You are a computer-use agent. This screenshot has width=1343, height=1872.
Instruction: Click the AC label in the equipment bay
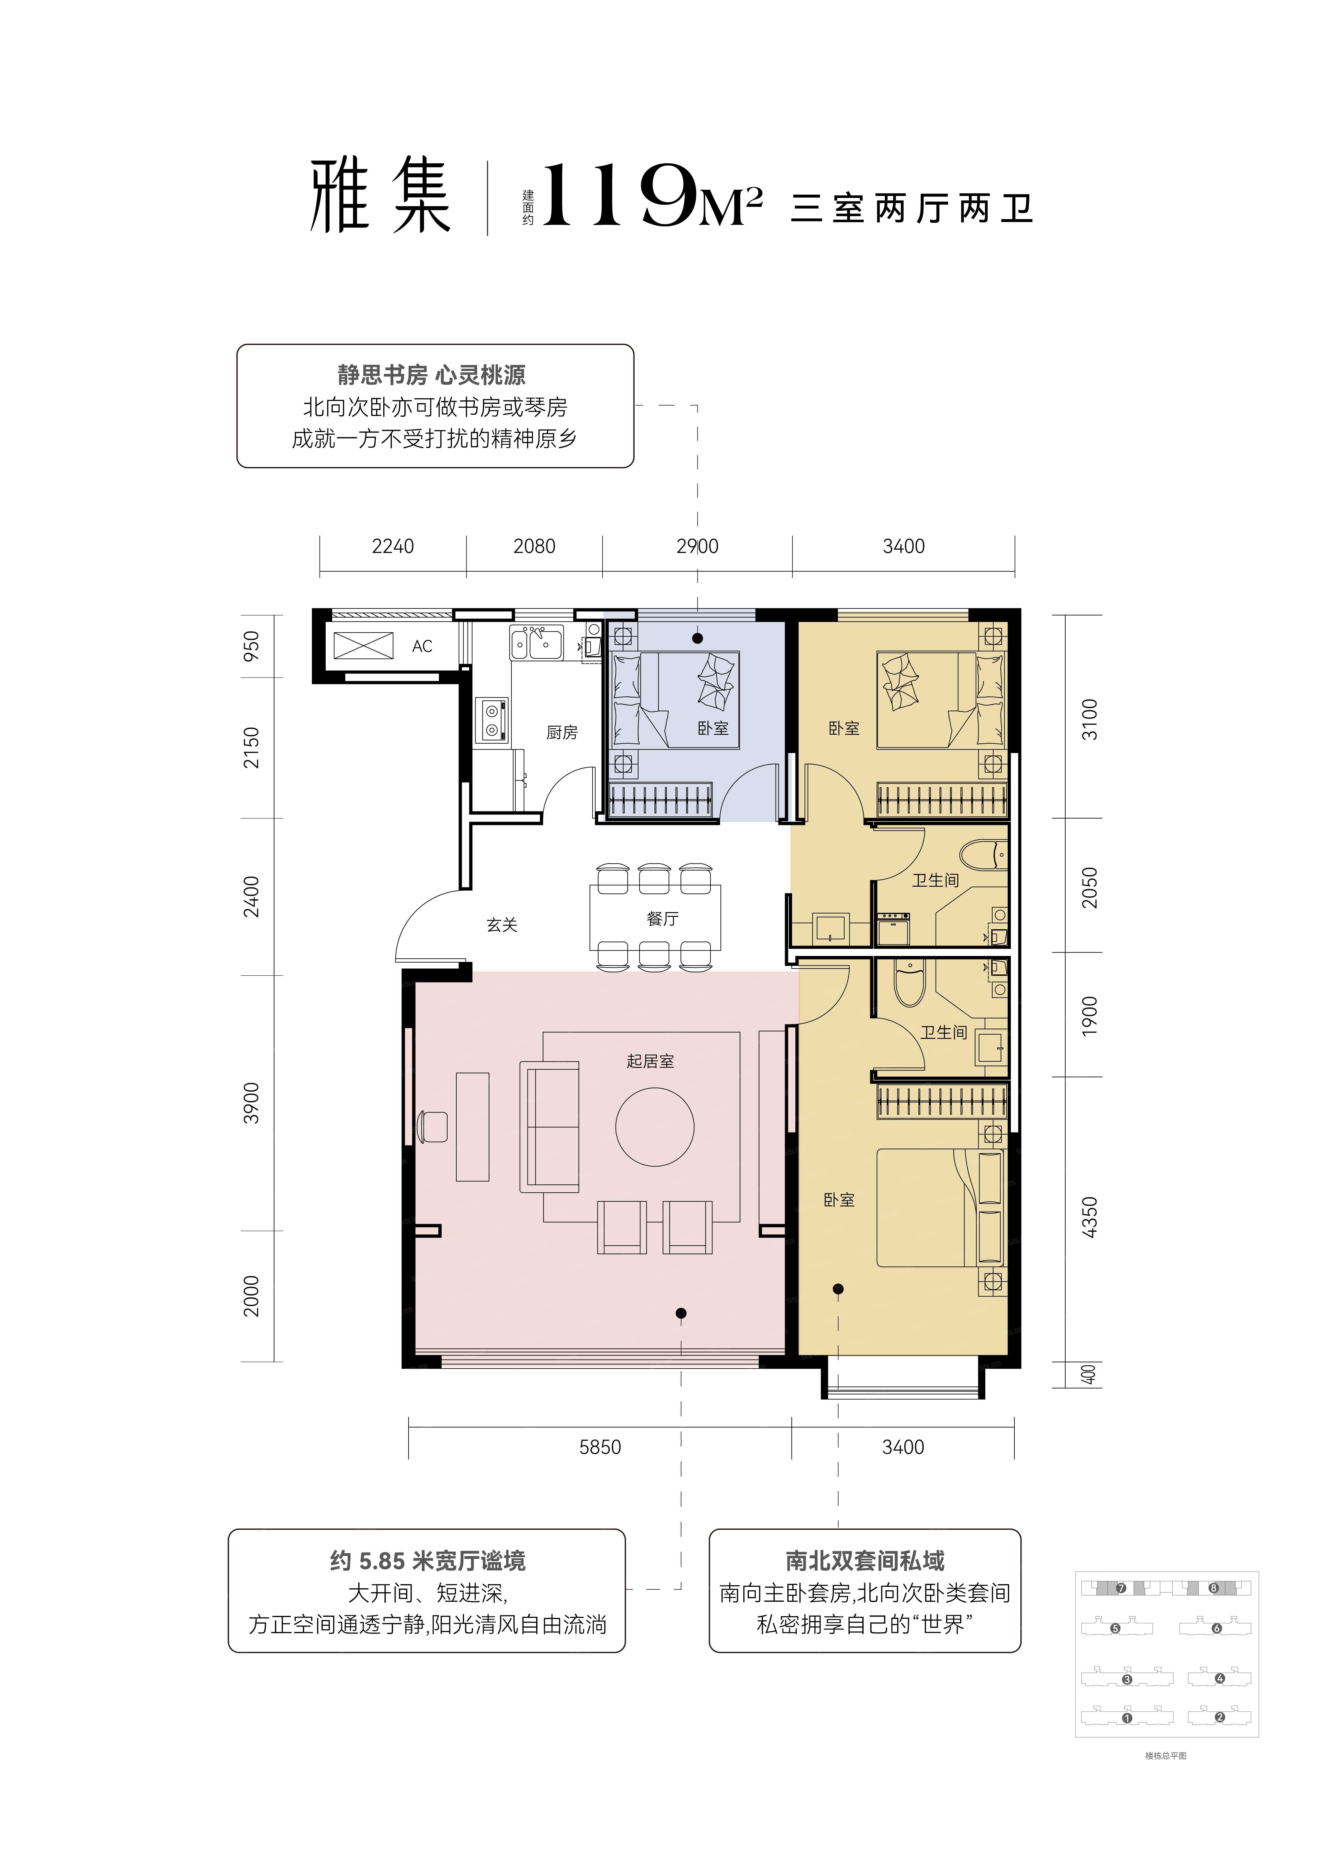tap(422, 646)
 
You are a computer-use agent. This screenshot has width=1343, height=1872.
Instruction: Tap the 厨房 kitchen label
tap(561, 732)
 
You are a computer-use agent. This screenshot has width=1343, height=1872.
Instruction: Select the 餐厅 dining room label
tap(662, 919)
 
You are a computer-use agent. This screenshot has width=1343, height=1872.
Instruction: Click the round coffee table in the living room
tap(655, 1127)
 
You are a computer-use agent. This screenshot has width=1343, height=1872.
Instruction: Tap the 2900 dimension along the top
tap(697, 546)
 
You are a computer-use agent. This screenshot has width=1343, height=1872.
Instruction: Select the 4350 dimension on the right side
tap(1090, 1217)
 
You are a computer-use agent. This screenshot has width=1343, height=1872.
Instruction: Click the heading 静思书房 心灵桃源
tap(432, 376)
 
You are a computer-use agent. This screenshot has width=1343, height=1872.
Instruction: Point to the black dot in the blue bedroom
tap(697, 638)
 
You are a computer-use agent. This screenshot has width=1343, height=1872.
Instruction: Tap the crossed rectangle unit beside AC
tap(363, 646)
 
